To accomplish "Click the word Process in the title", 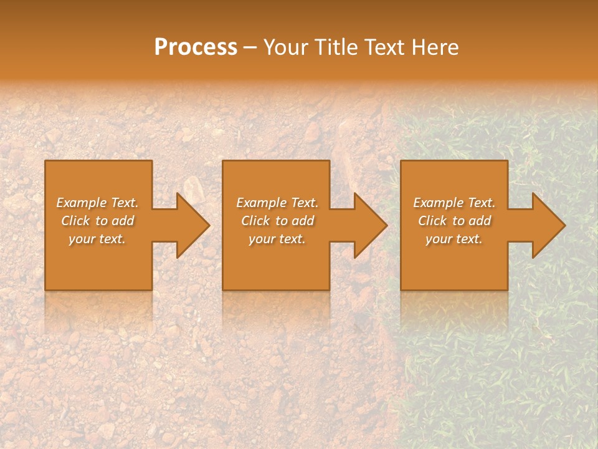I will pos(196,47).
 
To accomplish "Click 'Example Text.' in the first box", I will pos(97,203).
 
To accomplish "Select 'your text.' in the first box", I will pos(97,239).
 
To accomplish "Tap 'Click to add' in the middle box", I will pos(277,221).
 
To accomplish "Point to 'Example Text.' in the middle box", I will pos(277,203).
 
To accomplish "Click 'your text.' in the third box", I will pos(454,239).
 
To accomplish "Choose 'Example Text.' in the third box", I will pos(454,203).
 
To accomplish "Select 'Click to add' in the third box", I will pos(454,221).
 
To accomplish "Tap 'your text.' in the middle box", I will pos(277,239).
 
